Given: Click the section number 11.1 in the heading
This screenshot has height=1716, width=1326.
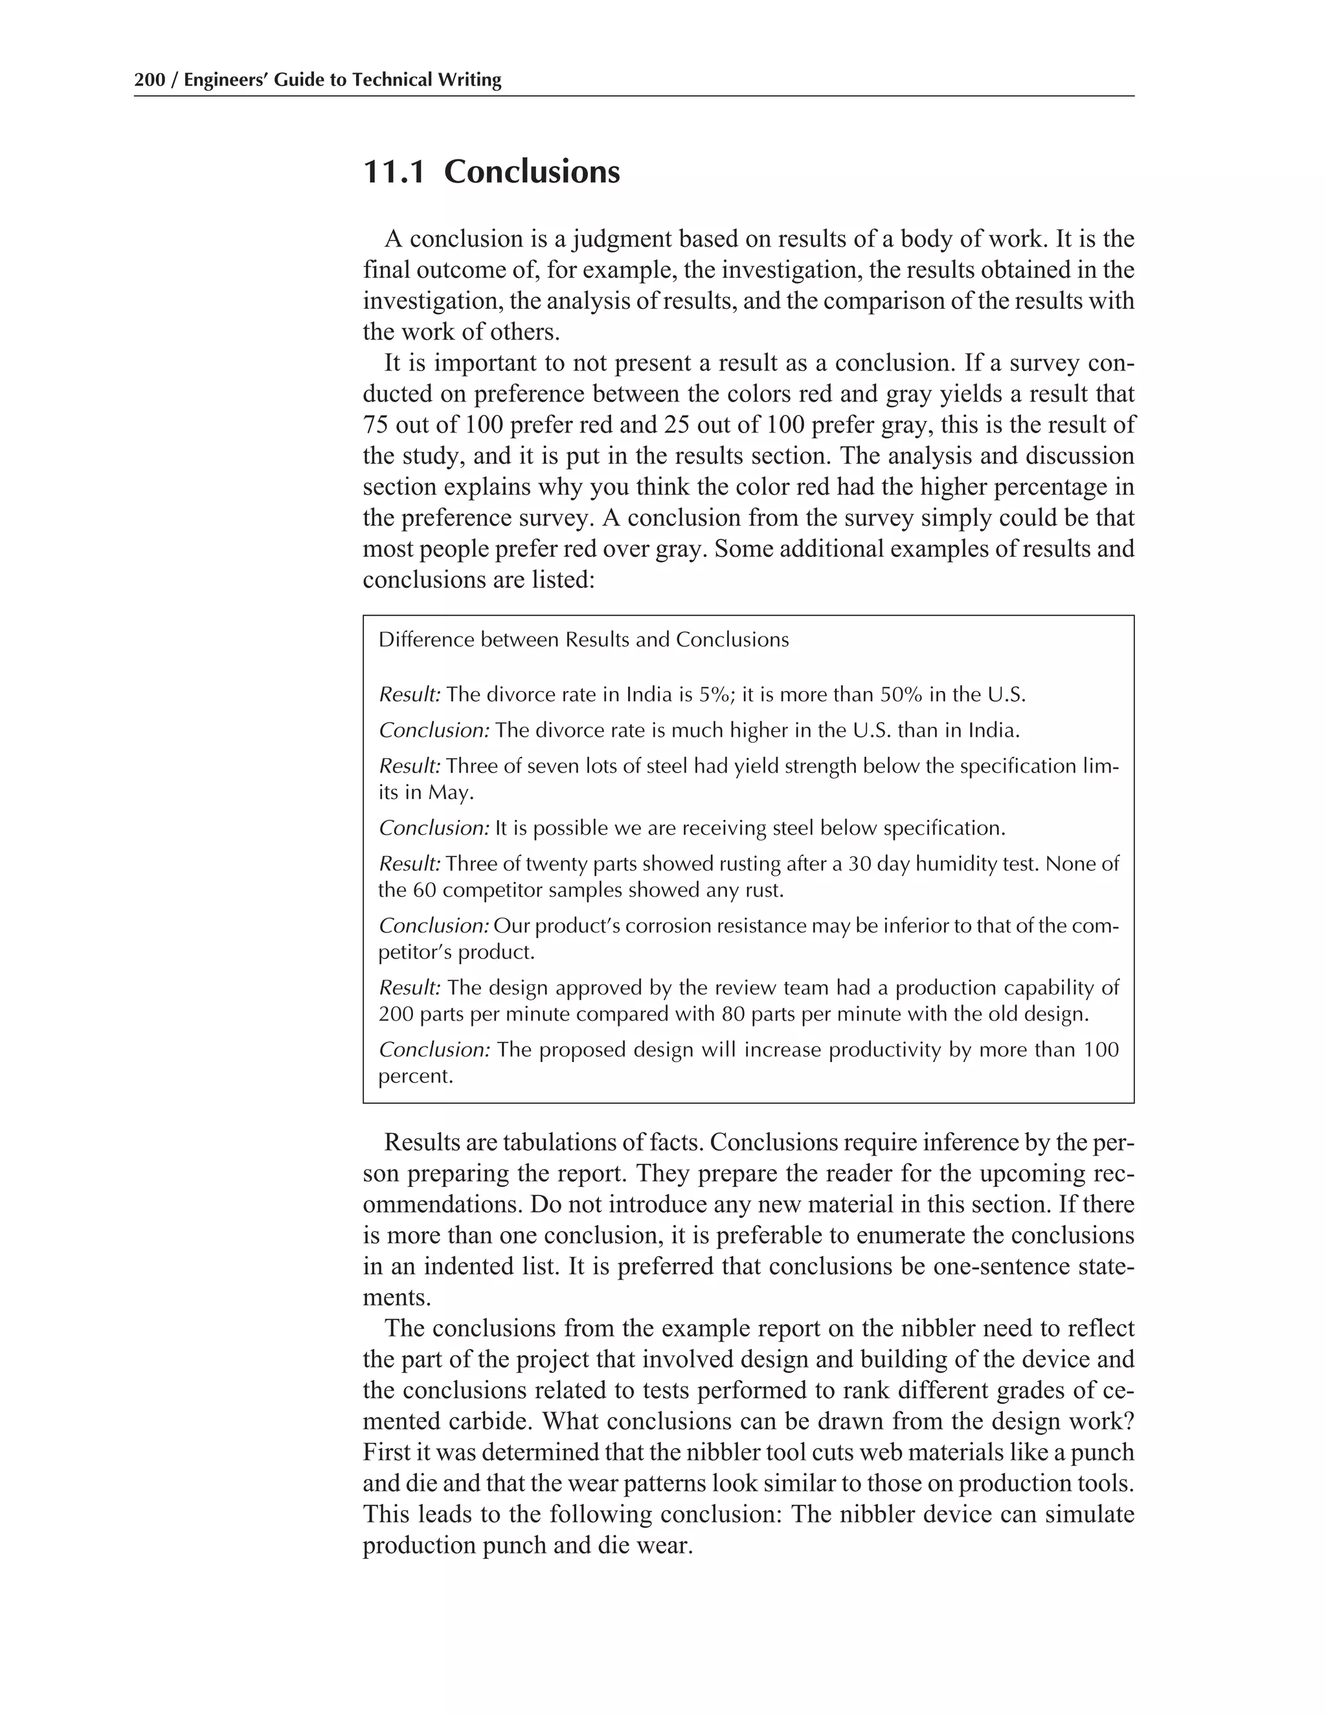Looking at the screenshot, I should click(x=394, y=172).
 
